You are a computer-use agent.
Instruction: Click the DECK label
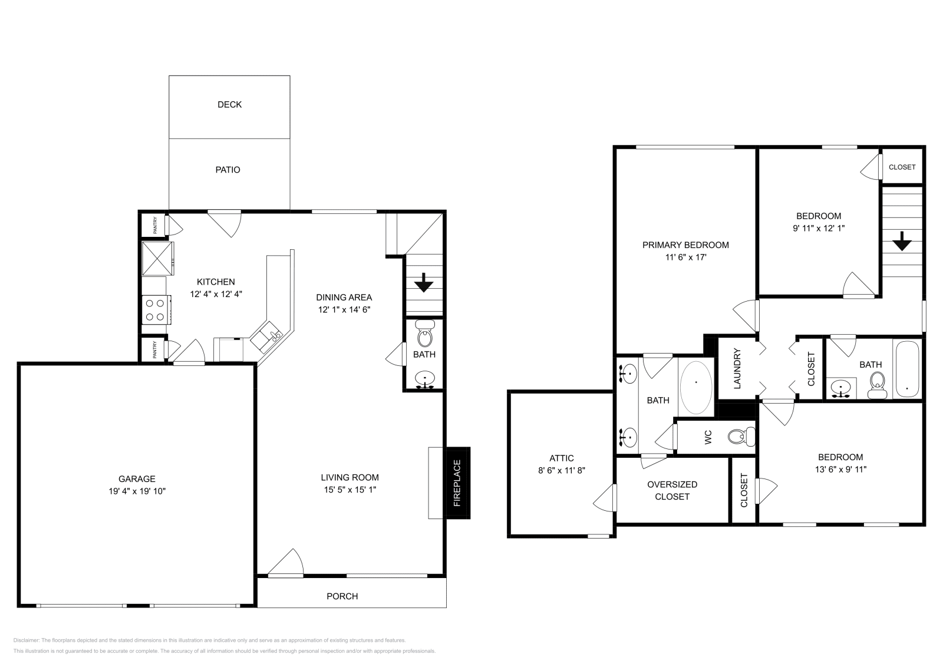click(229, 104)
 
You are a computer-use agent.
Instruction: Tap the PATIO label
click(227, 170)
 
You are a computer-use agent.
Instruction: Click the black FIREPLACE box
click(457, 483)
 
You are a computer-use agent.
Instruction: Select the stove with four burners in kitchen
click(156, 310)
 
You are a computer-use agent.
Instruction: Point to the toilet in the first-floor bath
click(424, 336)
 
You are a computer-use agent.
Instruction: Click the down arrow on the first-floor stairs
click(423, 285)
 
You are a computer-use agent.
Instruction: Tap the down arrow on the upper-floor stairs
click(902, 241)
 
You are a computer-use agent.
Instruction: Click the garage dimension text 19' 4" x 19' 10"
click(137, 491)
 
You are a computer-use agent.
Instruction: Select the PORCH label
click(342, 596)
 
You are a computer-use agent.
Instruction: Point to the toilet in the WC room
click(740, 437)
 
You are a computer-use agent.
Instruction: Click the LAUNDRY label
click(737, 369)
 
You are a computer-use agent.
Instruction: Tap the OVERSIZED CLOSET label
click(672, 490)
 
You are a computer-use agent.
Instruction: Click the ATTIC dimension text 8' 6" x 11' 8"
click(561, 470)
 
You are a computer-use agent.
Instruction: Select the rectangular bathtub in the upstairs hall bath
click(906, 369)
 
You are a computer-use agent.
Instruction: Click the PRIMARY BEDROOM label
click(685, 245)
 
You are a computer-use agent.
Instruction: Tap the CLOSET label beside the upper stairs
click(902, 167)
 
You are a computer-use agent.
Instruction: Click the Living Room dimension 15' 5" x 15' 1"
click(349, 490)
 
